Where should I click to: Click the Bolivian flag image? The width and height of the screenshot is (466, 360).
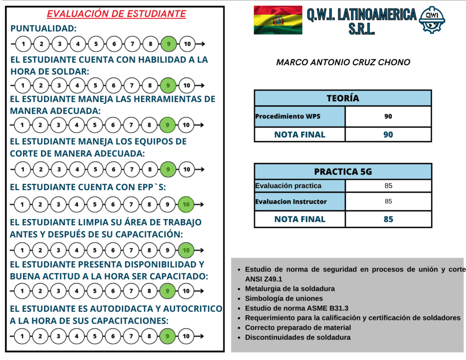tap(278, 20)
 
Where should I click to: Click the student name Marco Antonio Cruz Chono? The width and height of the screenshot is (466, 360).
tap(343, 62)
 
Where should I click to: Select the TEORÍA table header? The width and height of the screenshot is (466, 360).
tap(343, 98)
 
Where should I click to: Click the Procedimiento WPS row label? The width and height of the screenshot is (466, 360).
tap(288, 117)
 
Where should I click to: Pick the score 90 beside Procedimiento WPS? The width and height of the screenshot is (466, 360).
tap(388, 117)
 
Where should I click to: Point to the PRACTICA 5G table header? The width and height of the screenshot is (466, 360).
tap(343, 172)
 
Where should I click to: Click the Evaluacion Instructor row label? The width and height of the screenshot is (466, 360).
tap(291, 201)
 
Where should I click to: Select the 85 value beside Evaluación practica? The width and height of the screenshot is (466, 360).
tap(388, 186)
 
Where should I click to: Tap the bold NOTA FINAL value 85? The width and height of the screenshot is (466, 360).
tap(388, 219)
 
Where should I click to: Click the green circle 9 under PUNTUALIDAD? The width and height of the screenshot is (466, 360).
tap(168, 44)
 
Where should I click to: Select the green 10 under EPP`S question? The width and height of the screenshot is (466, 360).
tap(186, 204)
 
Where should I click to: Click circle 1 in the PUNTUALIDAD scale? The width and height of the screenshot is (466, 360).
tap(23, 44)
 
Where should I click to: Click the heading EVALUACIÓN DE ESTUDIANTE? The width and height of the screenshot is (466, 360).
tap(116, 14)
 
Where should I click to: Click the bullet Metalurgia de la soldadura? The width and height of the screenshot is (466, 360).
tap(290, 289)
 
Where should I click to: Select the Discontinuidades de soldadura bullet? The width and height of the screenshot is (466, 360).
tap(298, 337)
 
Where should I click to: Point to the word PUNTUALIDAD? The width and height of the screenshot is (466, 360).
tap(43, 29)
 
